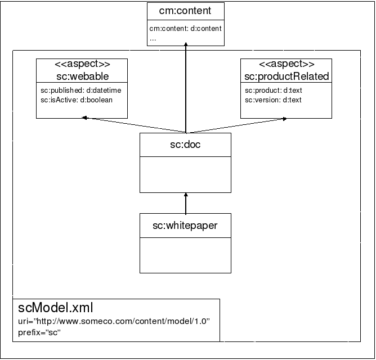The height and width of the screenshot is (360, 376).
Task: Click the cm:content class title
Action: coord(185,11)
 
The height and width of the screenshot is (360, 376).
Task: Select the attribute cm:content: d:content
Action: coord(185,29)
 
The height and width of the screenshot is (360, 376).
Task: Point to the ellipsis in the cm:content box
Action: coord(153,39)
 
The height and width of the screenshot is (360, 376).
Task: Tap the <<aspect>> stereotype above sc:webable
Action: coord(82,64)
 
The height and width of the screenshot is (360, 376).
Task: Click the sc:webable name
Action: coord(82,75)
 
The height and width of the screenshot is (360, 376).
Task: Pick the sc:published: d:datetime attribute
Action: coord(80,90)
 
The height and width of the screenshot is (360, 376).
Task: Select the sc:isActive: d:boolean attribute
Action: coord(77,100)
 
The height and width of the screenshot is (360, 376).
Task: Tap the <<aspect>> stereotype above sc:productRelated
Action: coord(287,64)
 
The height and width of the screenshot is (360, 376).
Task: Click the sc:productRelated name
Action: coord(287,75)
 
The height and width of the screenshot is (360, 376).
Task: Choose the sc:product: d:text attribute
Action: coord(274,90)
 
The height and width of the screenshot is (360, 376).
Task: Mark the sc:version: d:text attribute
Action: coord(274,100)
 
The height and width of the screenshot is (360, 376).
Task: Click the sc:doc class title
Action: coord(185,145)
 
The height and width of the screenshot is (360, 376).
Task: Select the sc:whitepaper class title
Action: coord(185,226)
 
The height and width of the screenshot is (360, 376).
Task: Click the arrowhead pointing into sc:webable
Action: coord(84,118)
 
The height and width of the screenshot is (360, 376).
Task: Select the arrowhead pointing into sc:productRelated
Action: coord(286,118)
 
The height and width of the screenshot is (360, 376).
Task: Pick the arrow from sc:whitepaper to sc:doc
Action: coord(185,203)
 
